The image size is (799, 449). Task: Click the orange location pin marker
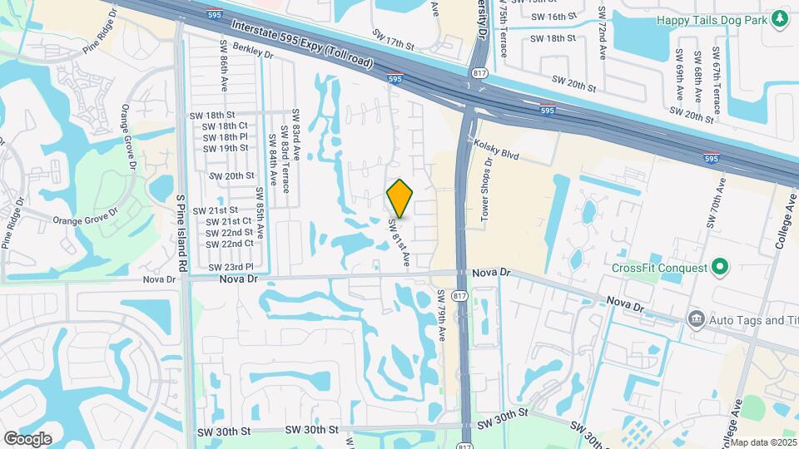[x=400, y=199]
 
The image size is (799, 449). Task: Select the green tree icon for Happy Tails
[x=779, y=19]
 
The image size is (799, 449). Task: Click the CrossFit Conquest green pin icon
[x=721, y=268]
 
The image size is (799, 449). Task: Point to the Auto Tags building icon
[x=695, y=319]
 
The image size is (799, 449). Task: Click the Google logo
[x=27, y=438]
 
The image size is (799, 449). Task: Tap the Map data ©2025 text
[x=764, y=442]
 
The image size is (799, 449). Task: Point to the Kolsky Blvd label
[x=496, y=149]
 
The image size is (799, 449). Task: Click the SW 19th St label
[x=226, y=148]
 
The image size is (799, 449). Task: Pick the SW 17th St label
[x=393, y=38]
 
